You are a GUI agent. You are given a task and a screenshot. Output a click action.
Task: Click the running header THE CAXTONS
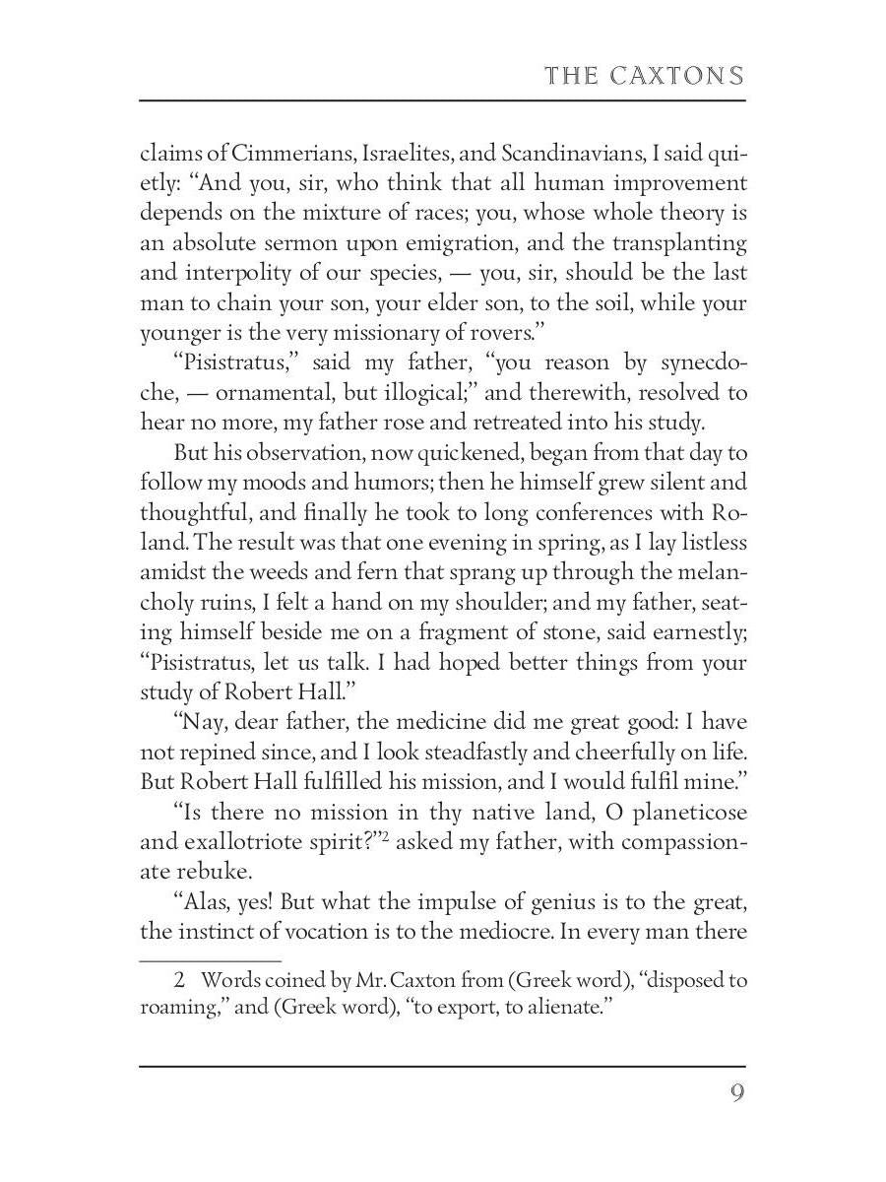coord(644,77)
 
